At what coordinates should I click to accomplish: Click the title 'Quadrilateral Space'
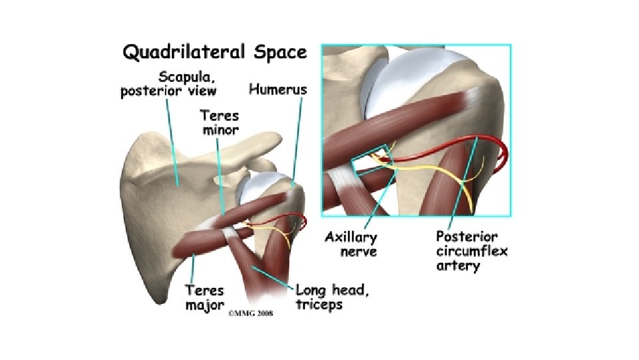click(x=213, y=51)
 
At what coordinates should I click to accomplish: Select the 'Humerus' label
click(x=277, y=88)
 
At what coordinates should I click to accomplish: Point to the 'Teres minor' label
click(x=220, y=121)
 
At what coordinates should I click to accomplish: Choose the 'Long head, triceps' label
click(x=333, y=297)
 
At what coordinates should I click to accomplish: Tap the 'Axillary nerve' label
click(x=351, y=244)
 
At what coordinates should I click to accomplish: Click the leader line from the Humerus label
click(x=293, y=140)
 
